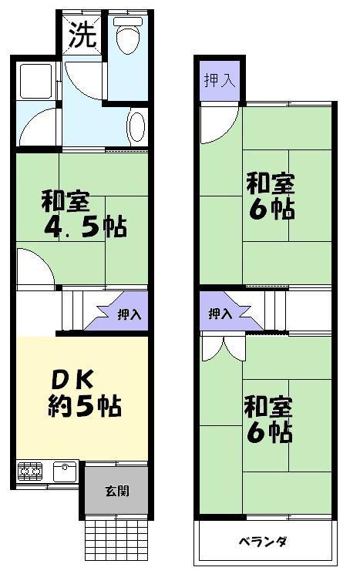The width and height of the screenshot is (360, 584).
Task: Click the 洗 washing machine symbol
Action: pos(82,35)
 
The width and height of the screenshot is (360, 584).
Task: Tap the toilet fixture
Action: pos(126,33)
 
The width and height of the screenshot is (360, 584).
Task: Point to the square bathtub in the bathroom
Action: pos(35,81)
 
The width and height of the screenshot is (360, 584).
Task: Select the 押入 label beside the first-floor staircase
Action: pos(129,314)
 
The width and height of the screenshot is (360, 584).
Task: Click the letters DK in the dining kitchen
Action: pos(73,380)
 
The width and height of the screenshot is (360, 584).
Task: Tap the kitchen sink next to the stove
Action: pos(65,469)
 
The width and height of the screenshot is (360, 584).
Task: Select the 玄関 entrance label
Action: pos(116,490)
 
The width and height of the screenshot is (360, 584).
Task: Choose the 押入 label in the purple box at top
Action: pos(220,79)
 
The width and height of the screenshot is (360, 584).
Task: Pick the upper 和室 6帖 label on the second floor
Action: pos(270,196)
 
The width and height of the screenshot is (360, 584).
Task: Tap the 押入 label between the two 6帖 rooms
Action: pos(220,314)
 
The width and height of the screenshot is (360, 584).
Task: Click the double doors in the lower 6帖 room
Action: pos(220,348)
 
